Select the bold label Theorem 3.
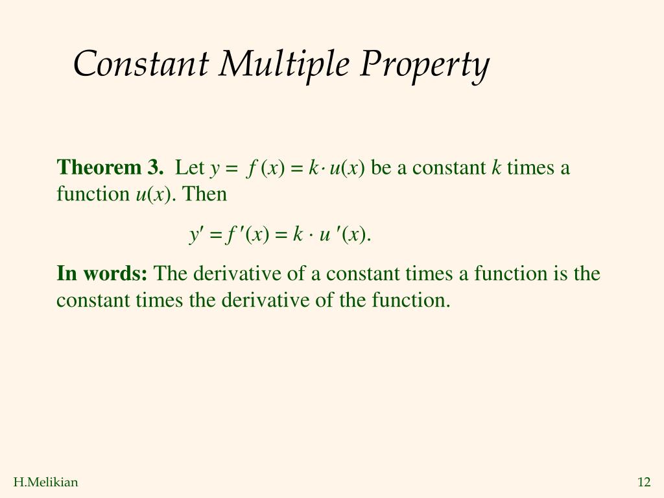pyautogui.click(x=110, y=168)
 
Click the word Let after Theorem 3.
pyautogui.click(x=190, y=168)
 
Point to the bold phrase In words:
pyautogui.click(x=102, y=274)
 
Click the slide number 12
pyautogui.click(x=643, y=482)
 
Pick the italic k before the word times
pyautogui.click(x=497, y=168)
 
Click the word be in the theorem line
pyautogui.click(x=380, y=168)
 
